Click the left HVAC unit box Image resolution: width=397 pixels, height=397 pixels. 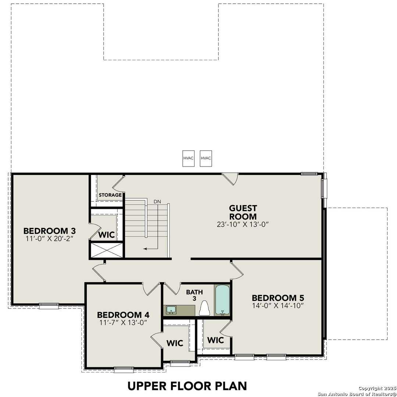point(189,158)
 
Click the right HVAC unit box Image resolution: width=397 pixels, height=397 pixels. point(206,158)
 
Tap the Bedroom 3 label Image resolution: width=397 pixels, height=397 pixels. point(50,231)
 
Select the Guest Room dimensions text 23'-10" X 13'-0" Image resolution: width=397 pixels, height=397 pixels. point(243,225)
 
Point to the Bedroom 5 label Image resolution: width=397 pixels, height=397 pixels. point(278,298)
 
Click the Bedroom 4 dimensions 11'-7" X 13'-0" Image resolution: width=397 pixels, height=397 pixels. point(123,322)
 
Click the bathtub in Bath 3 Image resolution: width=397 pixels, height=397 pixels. point(222,300)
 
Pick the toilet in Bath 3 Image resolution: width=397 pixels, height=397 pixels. point(204,308)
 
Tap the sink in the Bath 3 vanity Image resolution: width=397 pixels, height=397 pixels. point(171,310)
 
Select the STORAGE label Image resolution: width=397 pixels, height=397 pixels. point(110,195)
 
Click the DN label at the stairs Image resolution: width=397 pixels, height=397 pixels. point(157,202)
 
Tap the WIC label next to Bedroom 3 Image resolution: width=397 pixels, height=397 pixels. point(107,235)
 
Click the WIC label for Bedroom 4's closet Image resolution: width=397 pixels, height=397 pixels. point(175,343)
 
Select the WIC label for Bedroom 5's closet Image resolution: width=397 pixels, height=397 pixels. point(215,340)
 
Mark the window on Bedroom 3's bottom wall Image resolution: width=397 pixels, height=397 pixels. point(49,304)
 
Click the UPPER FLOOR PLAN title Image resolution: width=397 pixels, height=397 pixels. point(187,386)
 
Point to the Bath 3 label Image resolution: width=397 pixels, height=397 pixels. point(194,295)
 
